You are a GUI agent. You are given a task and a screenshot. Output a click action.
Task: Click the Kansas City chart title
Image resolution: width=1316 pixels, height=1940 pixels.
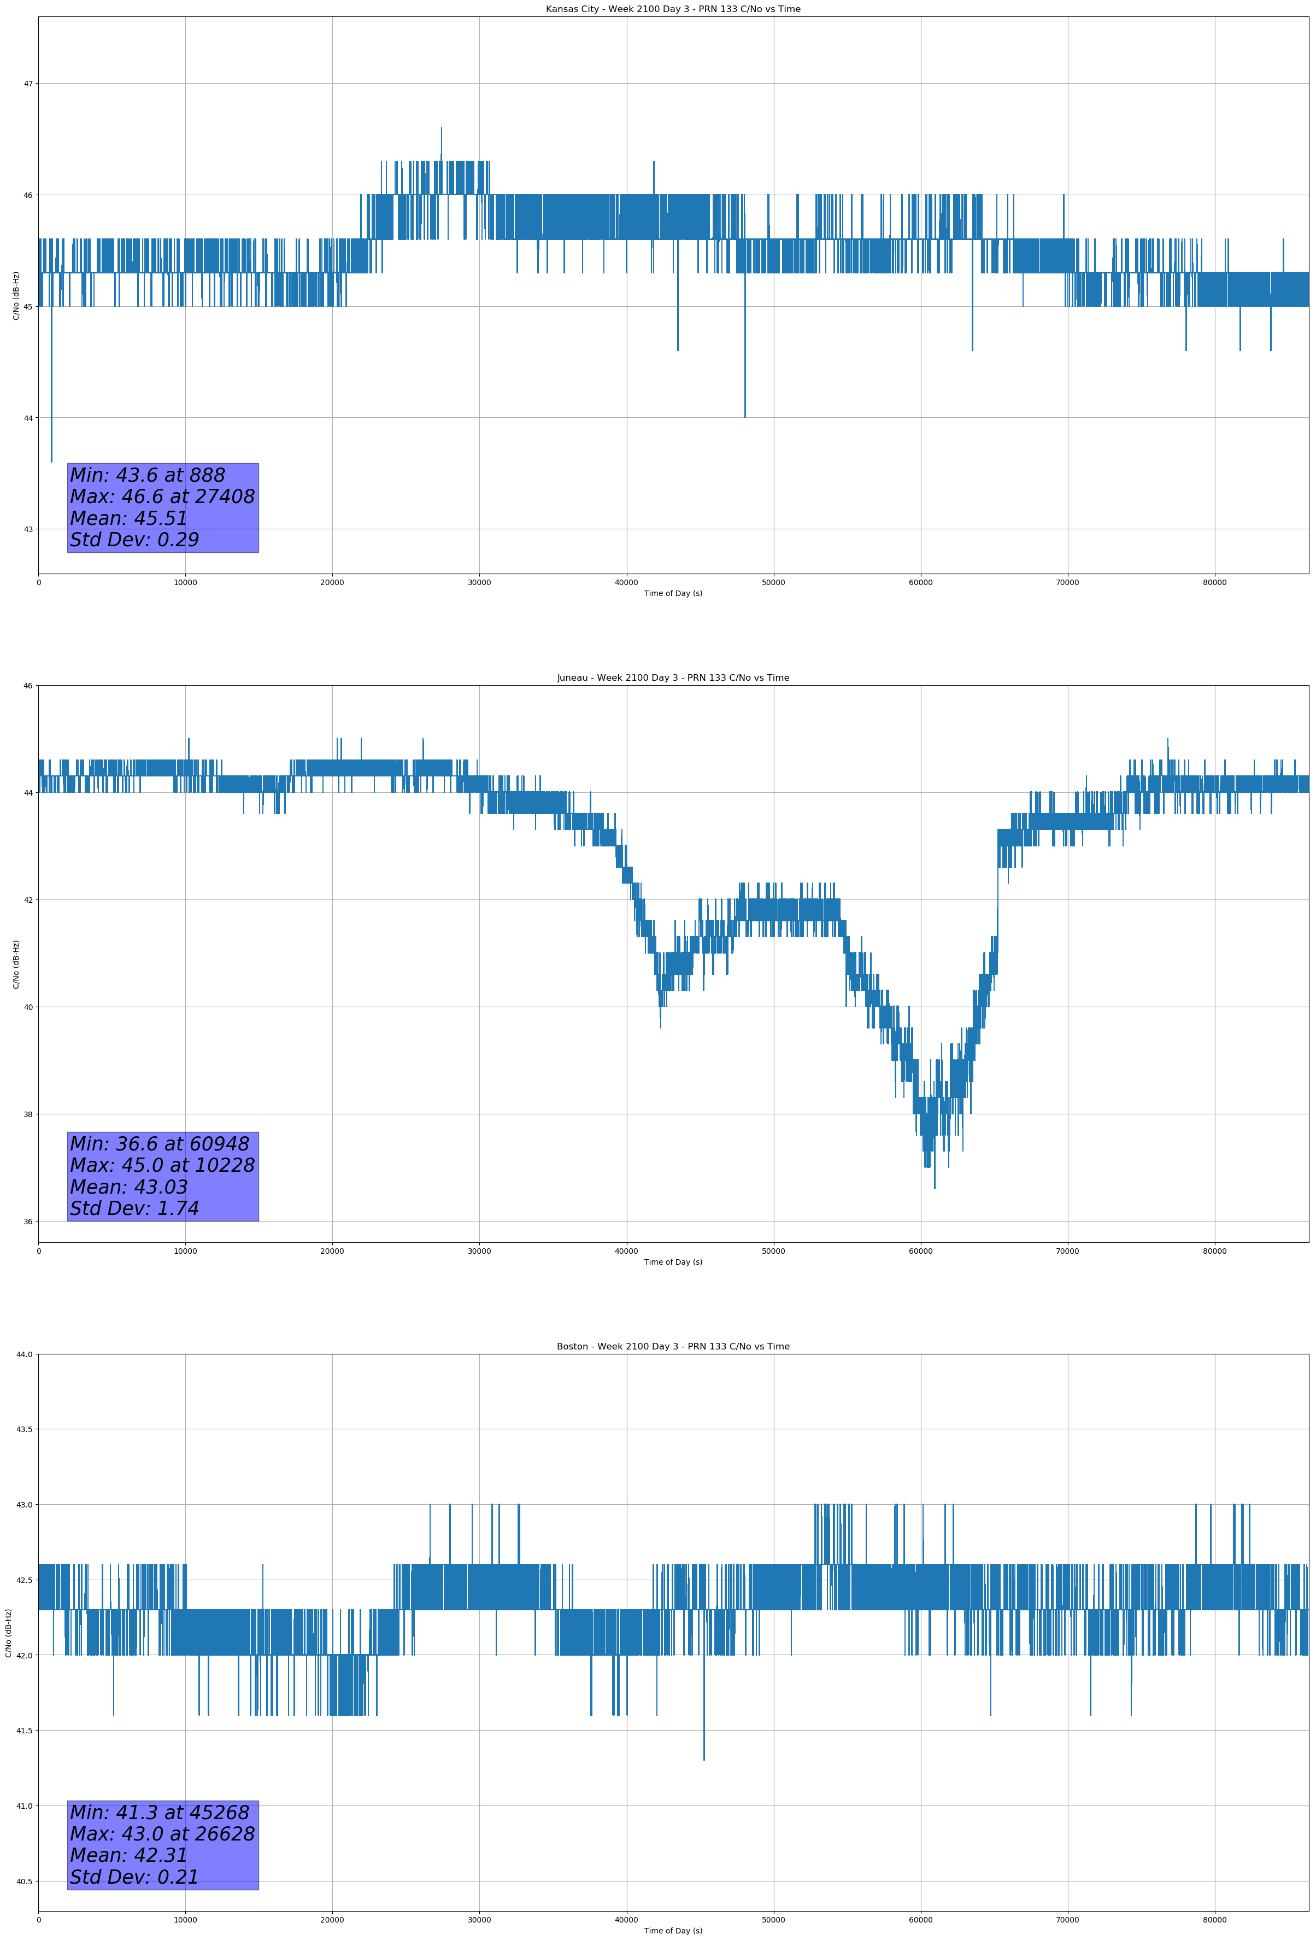673,9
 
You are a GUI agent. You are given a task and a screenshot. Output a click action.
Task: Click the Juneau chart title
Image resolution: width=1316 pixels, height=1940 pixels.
673,678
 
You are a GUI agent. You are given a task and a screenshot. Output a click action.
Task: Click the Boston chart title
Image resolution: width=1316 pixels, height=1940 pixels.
673,1347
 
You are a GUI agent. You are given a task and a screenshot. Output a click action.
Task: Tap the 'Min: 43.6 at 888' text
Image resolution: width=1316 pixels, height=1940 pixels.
148,475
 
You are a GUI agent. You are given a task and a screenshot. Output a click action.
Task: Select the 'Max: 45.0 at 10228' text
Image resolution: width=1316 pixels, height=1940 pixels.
162,1165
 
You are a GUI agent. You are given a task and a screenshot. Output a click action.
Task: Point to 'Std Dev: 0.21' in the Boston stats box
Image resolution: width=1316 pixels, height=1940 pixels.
134,1877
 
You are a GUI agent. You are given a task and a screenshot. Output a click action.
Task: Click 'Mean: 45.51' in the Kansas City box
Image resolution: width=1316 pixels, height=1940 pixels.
128,518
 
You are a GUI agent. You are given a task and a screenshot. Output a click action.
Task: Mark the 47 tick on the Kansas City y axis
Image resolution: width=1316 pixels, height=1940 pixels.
28,84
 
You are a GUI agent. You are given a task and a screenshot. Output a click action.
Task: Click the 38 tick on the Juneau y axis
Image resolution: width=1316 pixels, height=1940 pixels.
28,1114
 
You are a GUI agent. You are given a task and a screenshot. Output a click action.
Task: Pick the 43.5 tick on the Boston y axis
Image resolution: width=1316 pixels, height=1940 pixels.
25,1430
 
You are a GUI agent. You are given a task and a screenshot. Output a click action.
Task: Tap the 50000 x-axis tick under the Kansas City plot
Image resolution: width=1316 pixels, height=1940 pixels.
773,583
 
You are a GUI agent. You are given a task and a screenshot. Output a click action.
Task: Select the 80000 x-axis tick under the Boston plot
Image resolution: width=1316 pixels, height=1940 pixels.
1214,1920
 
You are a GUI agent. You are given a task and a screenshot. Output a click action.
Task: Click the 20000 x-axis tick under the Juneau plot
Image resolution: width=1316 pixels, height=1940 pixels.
332,1251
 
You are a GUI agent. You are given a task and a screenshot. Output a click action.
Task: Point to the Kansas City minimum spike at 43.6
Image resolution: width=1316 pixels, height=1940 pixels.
52,461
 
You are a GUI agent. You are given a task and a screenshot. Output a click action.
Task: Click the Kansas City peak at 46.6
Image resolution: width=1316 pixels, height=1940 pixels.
442,128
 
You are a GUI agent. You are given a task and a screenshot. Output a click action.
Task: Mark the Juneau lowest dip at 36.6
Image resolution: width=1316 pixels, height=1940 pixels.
935,1187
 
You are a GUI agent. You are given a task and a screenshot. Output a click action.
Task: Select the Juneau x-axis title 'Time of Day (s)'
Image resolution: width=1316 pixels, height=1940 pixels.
673,1262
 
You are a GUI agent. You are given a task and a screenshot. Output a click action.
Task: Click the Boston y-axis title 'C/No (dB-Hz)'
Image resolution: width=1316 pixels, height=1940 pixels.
9,1633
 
